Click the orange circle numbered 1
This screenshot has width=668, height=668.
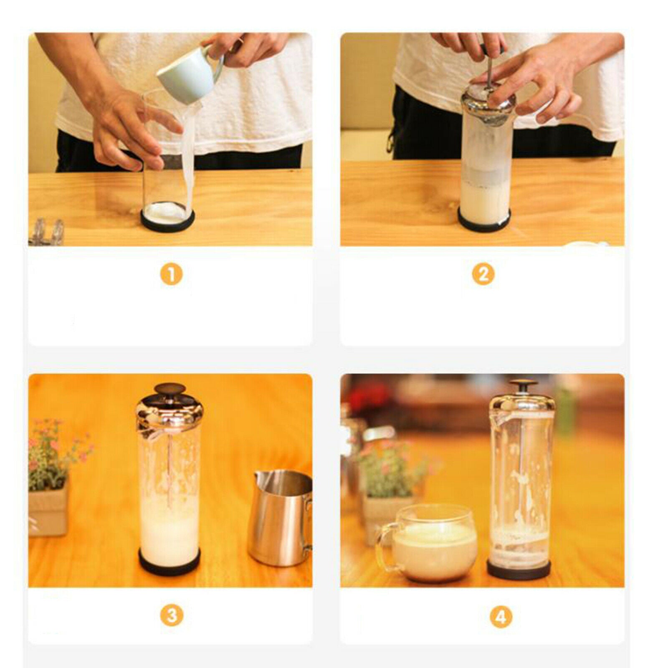coord(171,275)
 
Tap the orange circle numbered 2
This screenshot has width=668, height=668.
coord(483,275)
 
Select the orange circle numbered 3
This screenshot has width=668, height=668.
coord(171,615)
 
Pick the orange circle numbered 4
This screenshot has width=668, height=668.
coord(501,616)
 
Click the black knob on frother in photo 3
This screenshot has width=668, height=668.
coord(170,390)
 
